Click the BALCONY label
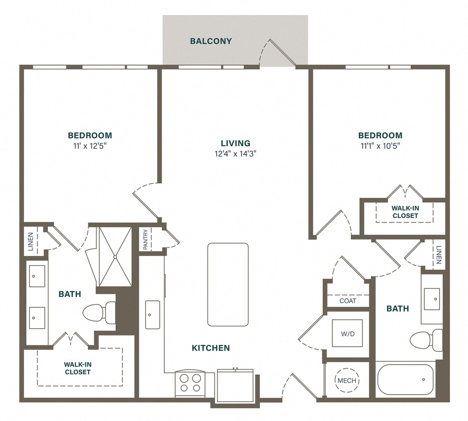click(211, 41)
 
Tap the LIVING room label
click(235, 143)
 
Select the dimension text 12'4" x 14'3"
click(235, 154)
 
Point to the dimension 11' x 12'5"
click(90, 146)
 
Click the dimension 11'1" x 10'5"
click(380, 146)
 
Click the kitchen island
click(228, 284)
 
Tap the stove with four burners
click(190, 383)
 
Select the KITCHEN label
click(211, 348)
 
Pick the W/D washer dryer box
click(347, 333)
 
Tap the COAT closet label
click(348, 301)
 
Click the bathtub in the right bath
click(405, 380)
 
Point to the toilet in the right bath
click(425, 340)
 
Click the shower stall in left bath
click(114, 257)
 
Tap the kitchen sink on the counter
click(153, 314)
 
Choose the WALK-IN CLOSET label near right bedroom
click(405, 212)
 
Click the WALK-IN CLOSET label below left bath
click(77, 368)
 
